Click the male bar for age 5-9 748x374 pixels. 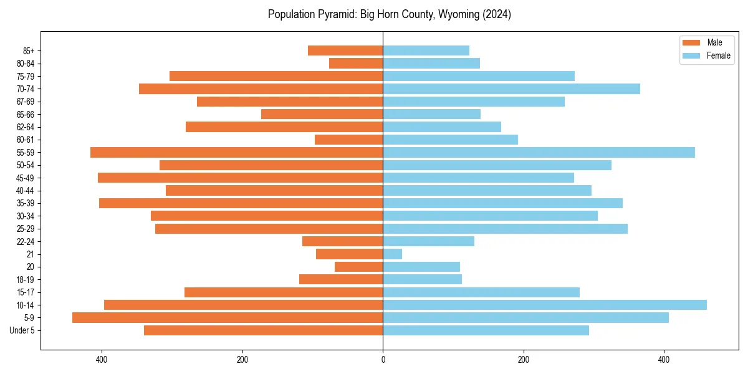pyautogui.click(x=228, y=318)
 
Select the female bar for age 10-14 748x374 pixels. pyautogui.click(x=544, y=305)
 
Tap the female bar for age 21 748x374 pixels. pyautogui.click(x=392, y=254)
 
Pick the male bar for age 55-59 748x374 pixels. pyautogui.click(x=237, y=153)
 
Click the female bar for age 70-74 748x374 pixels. pyautogui.click(x=511, y=89)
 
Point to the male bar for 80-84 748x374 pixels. pyautogui.click(x=356, y=64)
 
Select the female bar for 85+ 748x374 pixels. pyautogui.click(x=426, y=50)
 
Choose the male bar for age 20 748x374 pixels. pyautogui.click(x=359, y=267)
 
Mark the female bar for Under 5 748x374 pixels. pyautogui.click(x=486, y=330)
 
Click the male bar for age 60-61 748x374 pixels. pyautogui.click(x=349, y=140)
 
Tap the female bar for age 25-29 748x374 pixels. pyautogui.click(x=505, y=229)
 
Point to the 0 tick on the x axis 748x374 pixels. pyautogui.click(x=383, y=360)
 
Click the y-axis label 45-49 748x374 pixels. pyautogui.click(x=26, y=178)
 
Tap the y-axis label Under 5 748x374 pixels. pyautogui.click(x=22, y=330)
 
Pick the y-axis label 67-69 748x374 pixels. pyautogui.click(x=26, y=102)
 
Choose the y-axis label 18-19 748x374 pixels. pyautogui.click(x=26, y=280)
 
